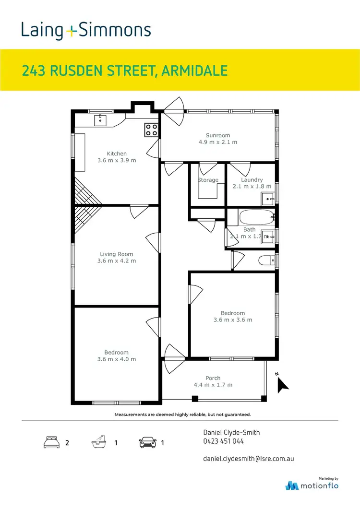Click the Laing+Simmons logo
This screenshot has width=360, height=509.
click(x=86, y=31)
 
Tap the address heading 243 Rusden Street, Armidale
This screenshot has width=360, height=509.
click(x=125, y=71)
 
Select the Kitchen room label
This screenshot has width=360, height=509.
click(x=117, y=154)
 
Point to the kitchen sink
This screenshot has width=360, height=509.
click(x=100, y=119)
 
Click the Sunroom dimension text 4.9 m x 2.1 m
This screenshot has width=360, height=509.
click(x=218, y=142)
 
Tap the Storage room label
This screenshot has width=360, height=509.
click(x=208, y=180)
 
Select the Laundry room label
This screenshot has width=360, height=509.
click(x=252, y=180)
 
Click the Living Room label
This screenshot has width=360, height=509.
click(x=117, y=254)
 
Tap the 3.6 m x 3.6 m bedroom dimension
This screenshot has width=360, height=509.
click(x=233, y=320)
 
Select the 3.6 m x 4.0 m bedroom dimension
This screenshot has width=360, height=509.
click(x=117, y=359)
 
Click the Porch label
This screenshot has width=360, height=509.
click(x=213, y=378)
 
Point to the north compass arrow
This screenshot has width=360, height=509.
click(x=282, y=384)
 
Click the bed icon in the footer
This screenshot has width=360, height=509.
click(x=51, y=442)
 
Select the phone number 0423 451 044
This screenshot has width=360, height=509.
click(x=224, y=441)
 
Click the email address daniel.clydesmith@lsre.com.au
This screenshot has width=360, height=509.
click(x=249, y=459)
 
